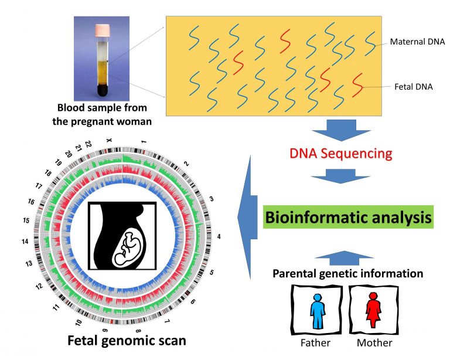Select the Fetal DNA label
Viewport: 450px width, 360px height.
coord(413,87)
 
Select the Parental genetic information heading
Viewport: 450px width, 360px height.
coord(348,273)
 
